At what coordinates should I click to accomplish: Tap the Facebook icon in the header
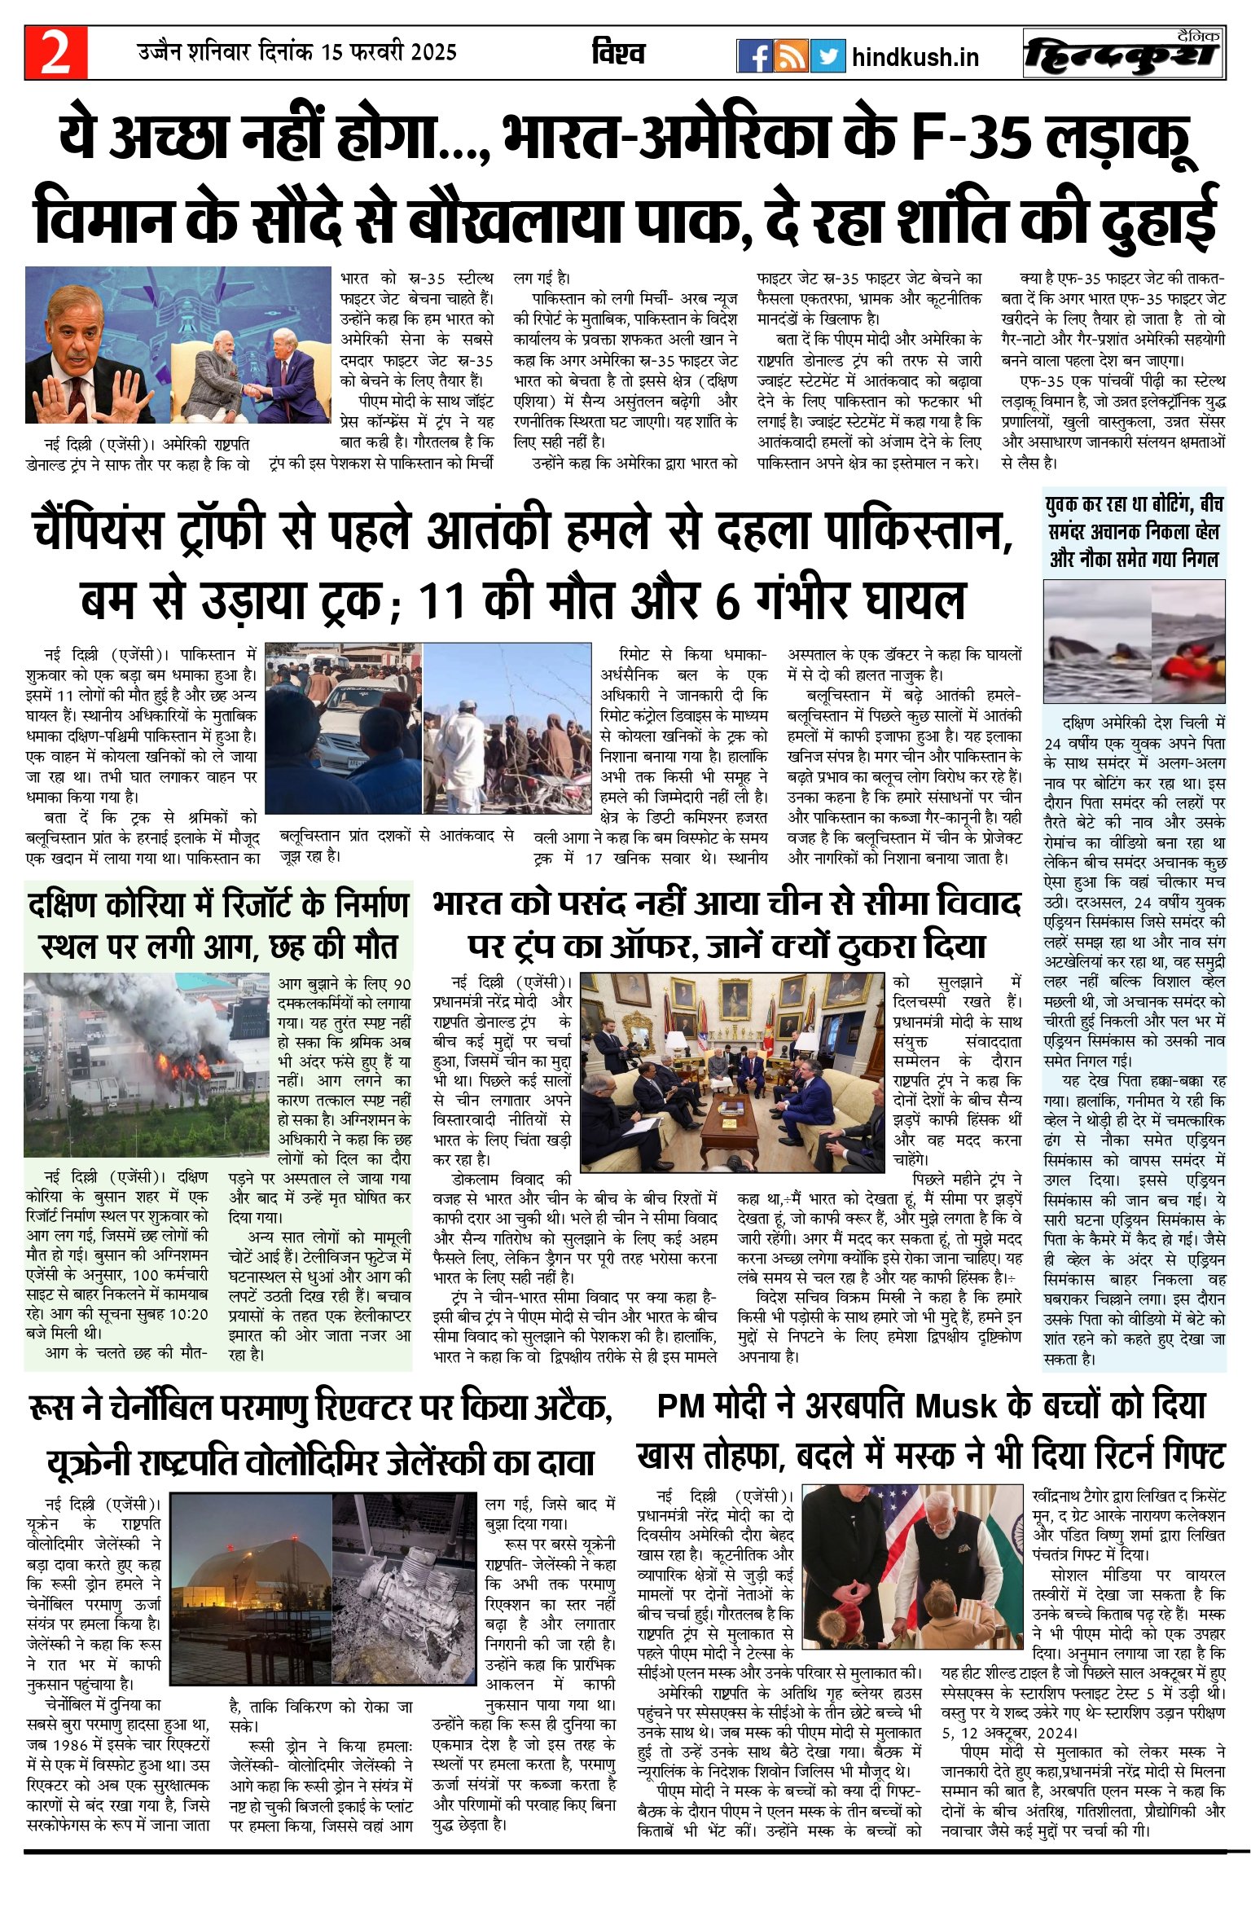[754, 55]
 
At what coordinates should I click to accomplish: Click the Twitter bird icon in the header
[827, 55]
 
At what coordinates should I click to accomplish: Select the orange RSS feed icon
[790, 55]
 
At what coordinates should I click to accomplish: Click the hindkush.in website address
[915, 57]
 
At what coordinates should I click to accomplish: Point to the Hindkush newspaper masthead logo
[1124, 54]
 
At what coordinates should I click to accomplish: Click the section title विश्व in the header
[618, 54]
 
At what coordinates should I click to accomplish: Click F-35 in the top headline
[969, 137]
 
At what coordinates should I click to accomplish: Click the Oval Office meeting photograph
[731, 1070]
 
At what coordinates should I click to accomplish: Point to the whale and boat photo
[1134, 640]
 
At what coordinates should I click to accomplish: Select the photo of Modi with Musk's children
[911, 1576]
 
